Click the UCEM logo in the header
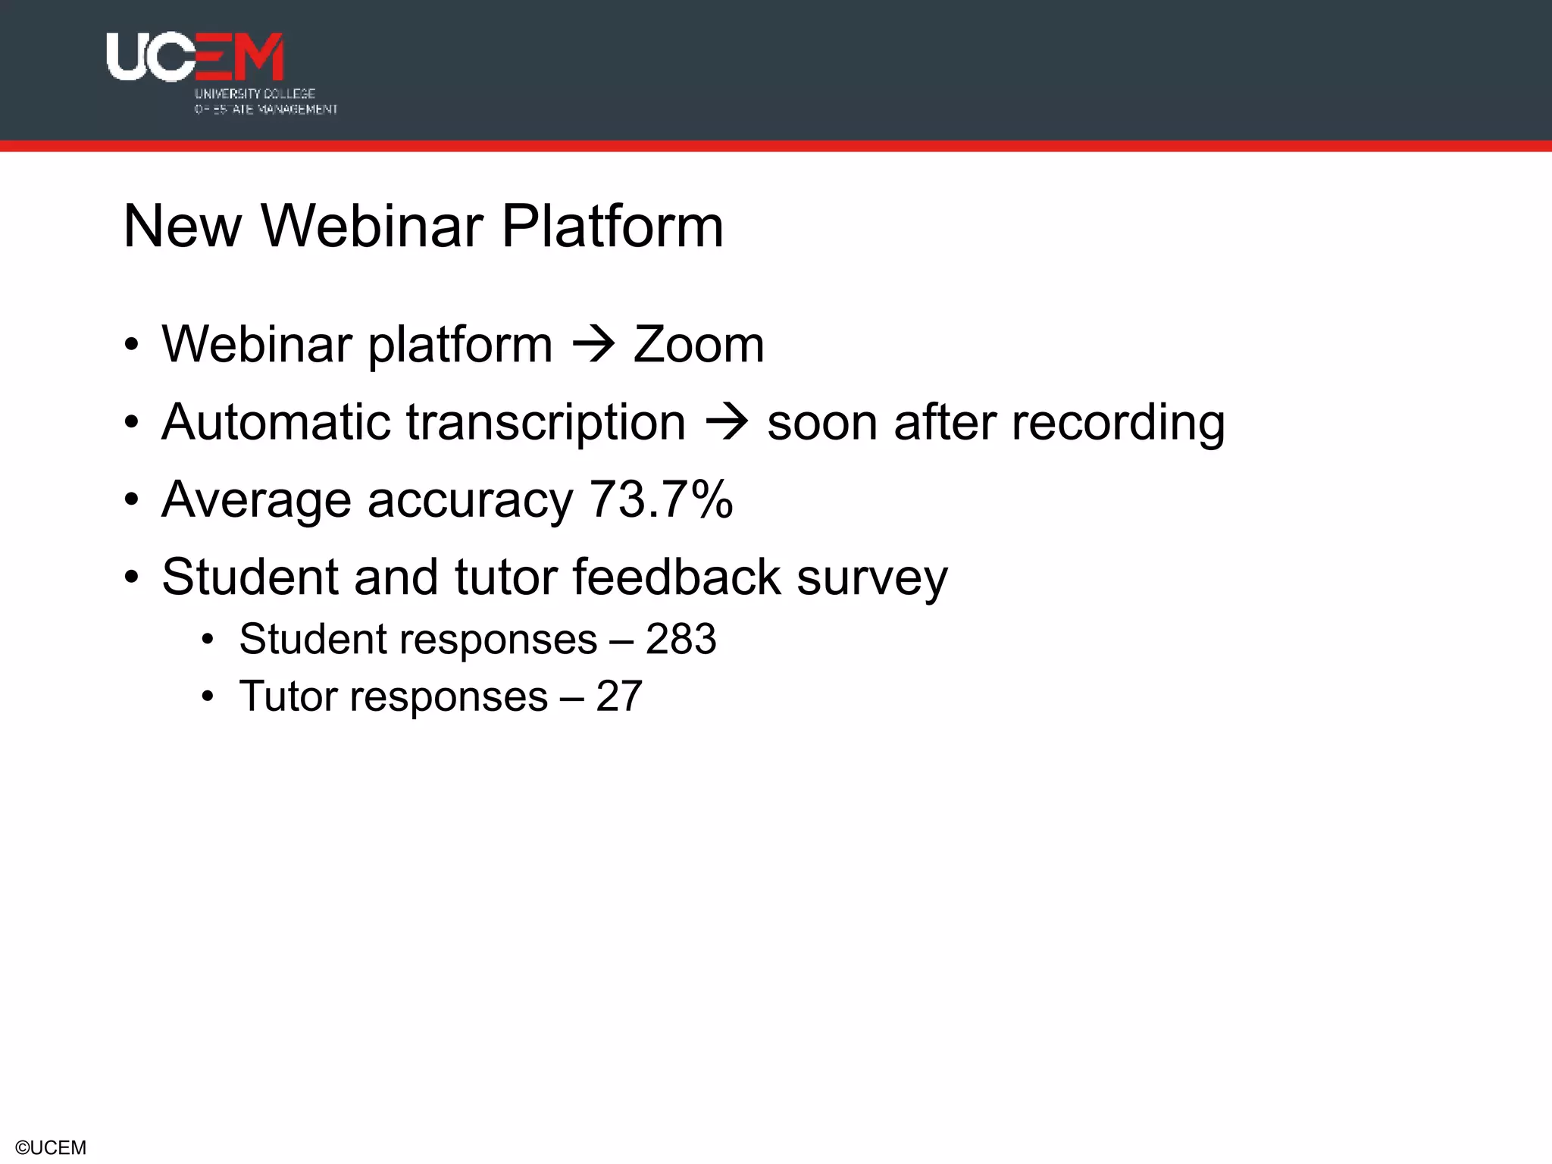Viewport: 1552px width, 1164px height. (x=196, y=57)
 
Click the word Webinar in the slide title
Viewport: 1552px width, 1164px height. (x=372, y=227)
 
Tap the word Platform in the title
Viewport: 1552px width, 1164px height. (x=612, y=227)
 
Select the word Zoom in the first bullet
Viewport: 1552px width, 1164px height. (x=698, y=346)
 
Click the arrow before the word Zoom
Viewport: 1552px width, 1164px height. (x=593, y=346)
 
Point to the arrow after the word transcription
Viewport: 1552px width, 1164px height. (x=727, y=423)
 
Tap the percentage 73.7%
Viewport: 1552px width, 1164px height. (x=661, y=500)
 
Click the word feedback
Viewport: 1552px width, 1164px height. (x=676, y=577)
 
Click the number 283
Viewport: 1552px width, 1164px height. (x=681, y=640)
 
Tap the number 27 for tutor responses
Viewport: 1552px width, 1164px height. (x=619, y=696)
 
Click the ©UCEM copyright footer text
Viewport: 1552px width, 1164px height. (x=51, y=1147)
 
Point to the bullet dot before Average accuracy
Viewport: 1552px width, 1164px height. (x=132, y=500)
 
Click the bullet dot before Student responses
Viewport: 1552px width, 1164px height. (x=208, y=640)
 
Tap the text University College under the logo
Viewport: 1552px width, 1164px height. (x=255, y=94)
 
